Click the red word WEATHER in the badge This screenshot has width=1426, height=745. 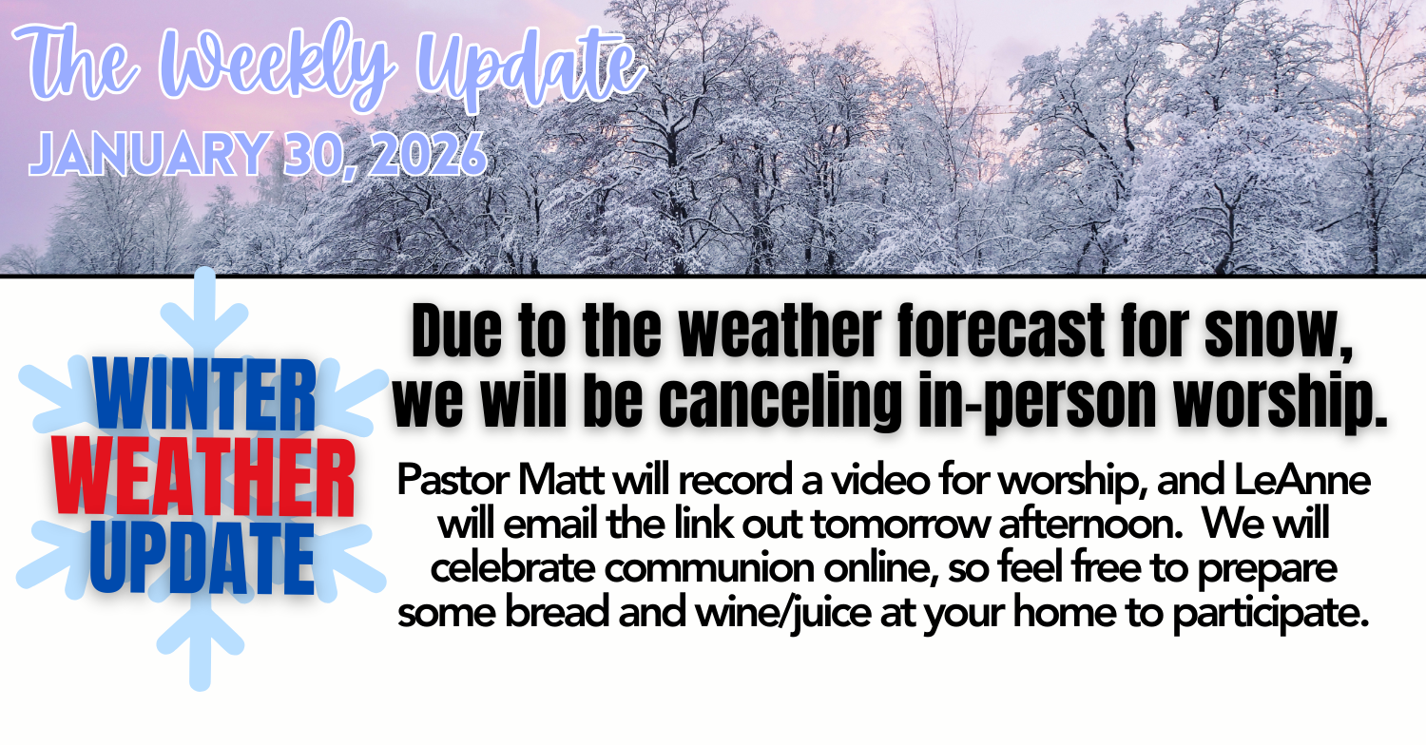click(x=203, y=477)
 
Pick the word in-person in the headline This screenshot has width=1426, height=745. click(x=1037, y=402)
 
